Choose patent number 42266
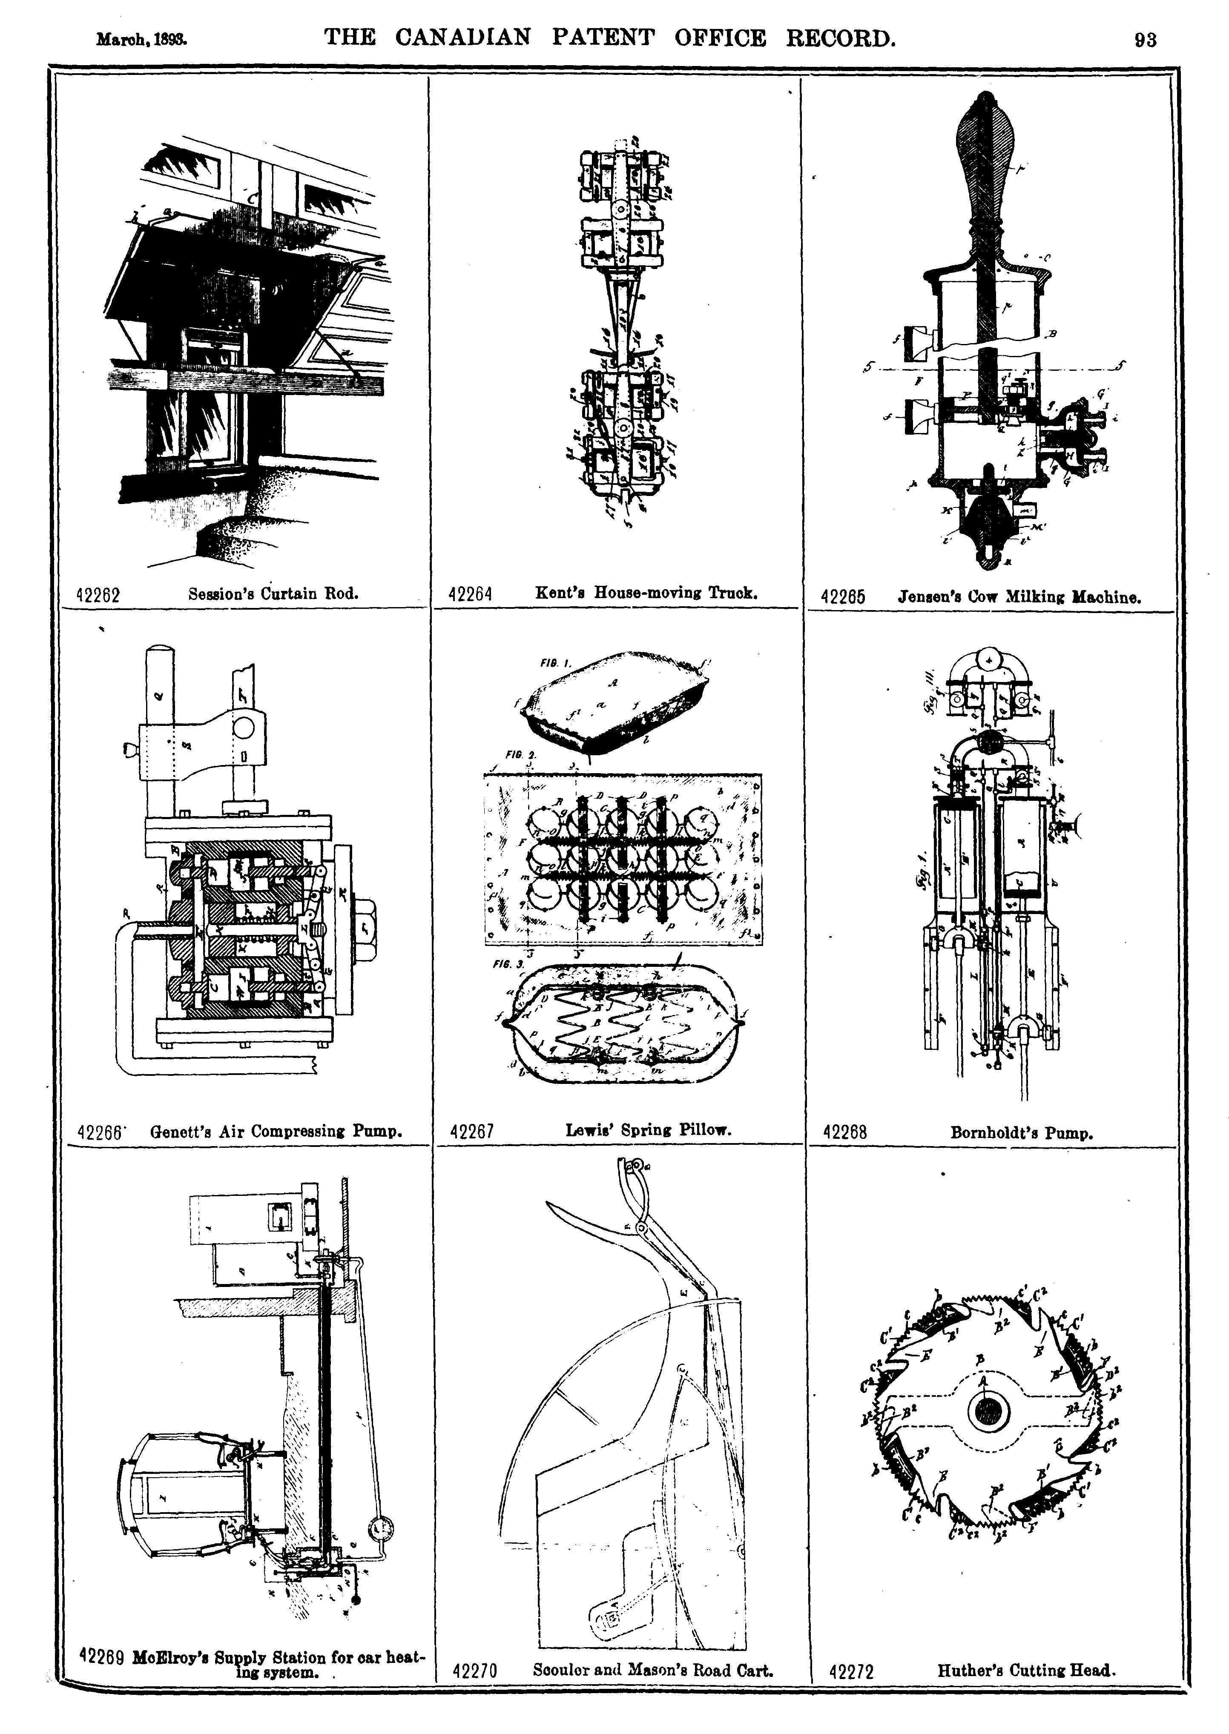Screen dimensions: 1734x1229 (x=100, y=1132)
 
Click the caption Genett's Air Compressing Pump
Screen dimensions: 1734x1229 (x=276, y=1131)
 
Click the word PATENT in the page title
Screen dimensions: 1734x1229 (x=603, y=38)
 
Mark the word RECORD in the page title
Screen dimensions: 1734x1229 (x=841, y=38)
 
